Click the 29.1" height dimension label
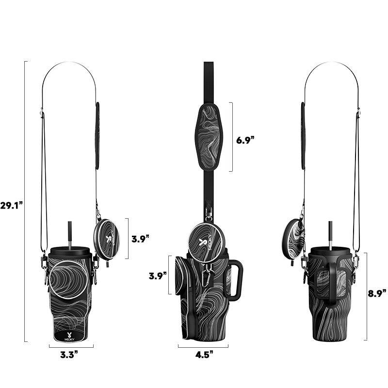tap(11, 205)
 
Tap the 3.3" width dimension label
tap(69, 355)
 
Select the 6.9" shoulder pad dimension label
tap(245, 140)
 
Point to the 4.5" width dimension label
tap(204, 355)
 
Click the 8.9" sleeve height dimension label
tap(377, 293)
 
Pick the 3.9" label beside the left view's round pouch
tap(140, 239)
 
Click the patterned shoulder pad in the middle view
tap(209, 136)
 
